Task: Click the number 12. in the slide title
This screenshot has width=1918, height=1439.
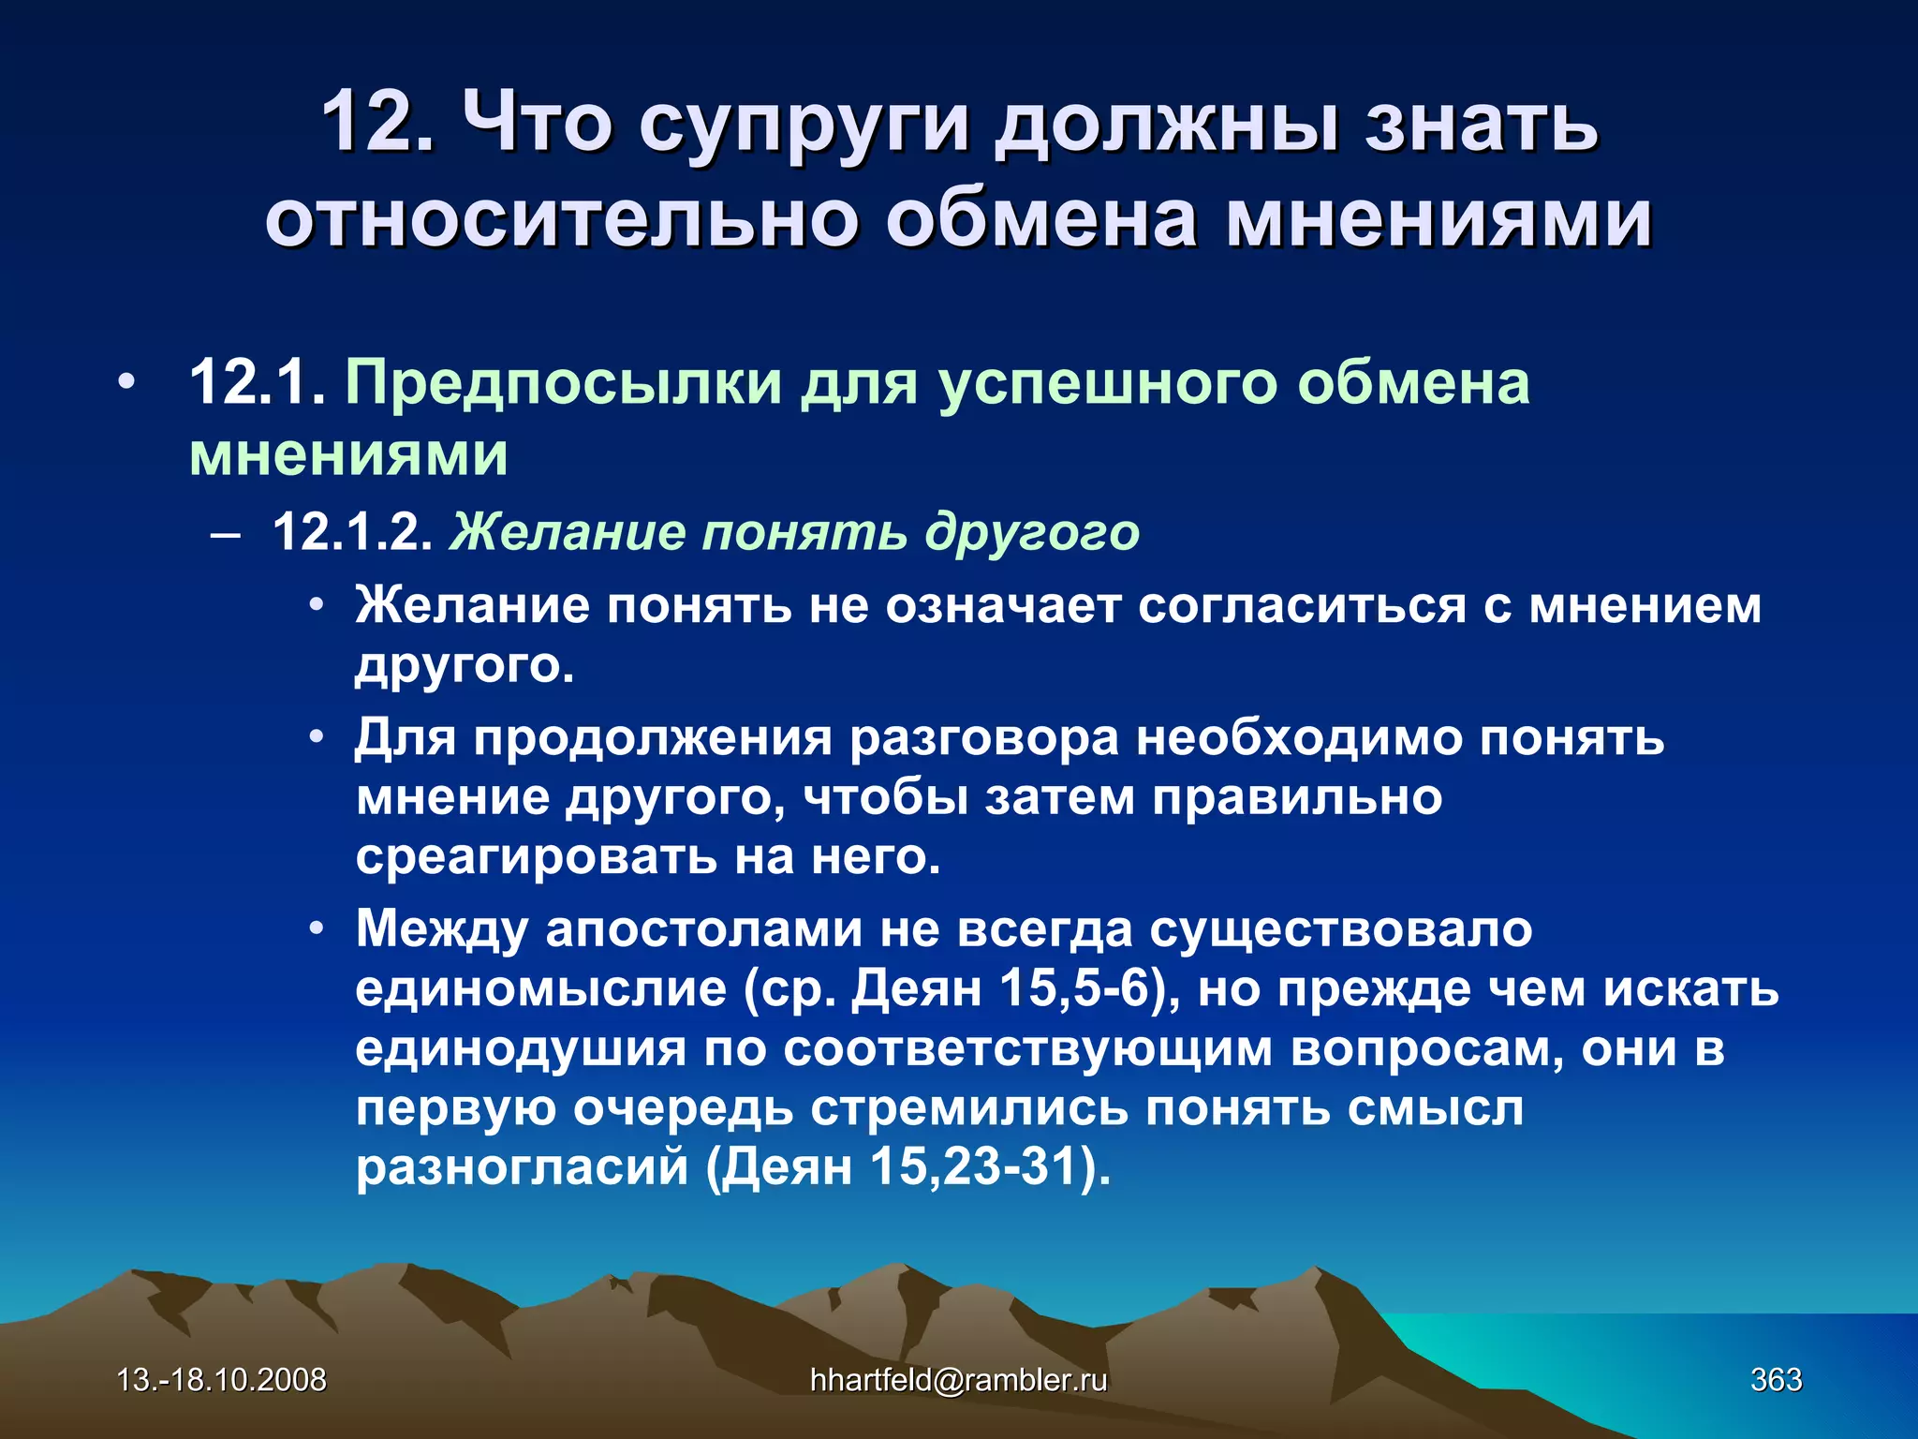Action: click(377, 122)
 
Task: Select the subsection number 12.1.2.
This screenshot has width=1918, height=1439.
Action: click(352, 532)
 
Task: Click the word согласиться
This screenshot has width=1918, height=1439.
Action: click(1302, 605)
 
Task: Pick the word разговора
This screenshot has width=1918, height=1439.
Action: click(984, 737)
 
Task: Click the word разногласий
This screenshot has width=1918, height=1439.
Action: click(522, 1167)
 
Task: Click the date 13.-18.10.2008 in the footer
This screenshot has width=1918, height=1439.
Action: click(222, 1380)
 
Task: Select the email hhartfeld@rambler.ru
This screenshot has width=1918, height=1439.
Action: click(958, 1380)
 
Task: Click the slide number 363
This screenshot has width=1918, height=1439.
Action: click(1777, 1380)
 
